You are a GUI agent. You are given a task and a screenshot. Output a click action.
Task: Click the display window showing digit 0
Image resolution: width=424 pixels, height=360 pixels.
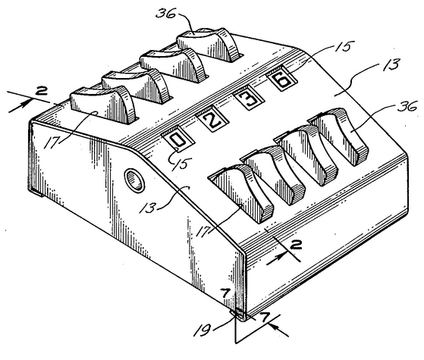pyautogui.click(x=178, y=139)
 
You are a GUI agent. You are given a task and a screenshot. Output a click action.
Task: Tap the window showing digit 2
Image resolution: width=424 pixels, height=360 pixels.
pyautogui.click(x=212, y=121)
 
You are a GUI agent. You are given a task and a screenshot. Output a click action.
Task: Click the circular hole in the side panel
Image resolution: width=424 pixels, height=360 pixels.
pyautogui.click(x=134, y=181)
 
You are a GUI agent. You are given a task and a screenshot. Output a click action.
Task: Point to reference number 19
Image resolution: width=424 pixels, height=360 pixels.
pyautogui.click(x=202, y=329)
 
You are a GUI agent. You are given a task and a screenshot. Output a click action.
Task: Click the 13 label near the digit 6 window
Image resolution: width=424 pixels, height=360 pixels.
pyautogui.click(x=391, y=66)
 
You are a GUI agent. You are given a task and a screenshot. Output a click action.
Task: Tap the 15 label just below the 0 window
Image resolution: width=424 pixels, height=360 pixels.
pyautogui.click(x=183, y=163)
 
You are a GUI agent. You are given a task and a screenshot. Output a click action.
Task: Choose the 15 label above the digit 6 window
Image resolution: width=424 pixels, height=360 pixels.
pyautogui.click(x=344, y=47)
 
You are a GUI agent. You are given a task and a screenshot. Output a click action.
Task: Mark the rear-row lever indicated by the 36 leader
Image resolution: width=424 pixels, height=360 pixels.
pyautogui.click(x=209, y=45)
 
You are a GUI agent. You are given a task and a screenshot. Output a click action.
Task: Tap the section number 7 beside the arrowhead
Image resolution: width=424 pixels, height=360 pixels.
pyautogui.click(x=265, y=317)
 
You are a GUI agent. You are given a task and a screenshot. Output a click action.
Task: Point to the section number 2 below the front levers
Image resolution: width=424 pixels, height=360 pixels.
pyautogui.click(x=296, y=246)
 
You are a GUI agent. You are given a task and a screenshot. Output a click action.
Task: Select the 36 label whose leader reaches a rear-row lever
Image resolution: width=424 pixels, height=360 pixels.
pyautogui.click(x=165, y=13)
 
